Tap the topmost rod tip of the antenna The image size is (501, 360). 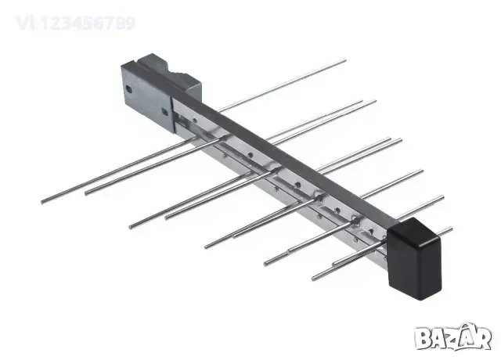click(x=344, y=60)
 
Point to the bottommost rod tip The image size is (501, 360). click(x=314, y=278)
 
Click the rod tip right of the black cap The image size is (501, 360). click(x=450, y=229)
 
